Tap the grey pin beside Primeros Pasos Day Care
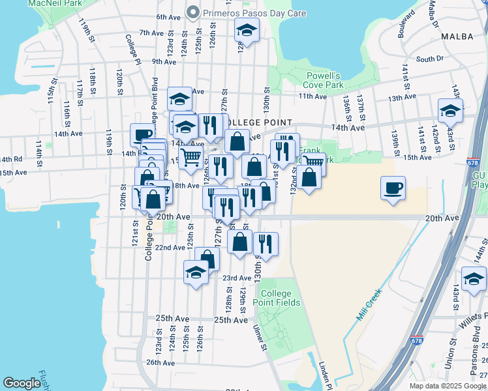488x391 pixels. [x=192, y=12]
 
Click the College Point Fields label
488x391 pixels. [x=281, y=298]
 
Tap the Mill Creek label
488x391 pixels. [x=369, y=309]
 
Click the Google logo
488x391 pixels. [x=22, y=383]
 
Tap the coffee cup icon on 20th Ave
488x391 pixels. [x=393, y=188]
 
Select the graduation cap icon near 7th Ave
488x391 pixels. [x=247, y=30]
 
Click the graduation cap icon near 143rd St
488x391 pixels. [x=450, y=111]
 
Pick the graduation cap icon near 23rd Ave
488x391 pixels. [x=195, y=273]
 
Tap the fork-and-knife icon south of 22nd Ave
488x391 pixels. [x=266, y=244]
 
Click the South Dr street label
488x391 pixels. [x=429, y=59]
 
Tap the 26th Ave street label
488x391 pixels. [x=161, y=362]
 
